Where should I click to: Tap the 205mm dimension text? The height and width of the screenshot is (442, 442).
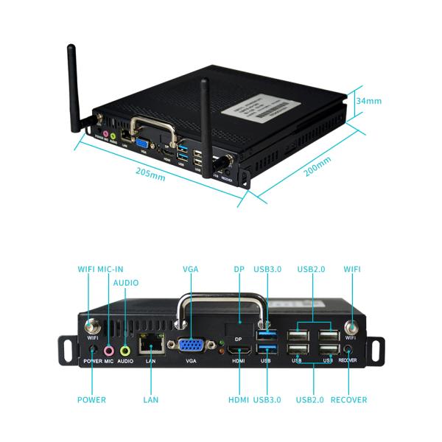(x=150, y=173)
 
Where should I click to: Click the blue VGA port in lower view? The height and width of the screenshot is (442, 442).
(x=192, y=345)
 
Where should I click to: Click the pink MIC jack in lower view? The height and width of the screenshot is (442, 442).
(x=109, y=351)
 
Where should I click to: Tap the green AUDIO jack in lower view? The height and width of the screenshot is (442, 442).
(x=125, y=351)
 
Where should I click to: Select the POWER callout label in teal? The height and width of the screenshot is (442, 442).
(x=92, y=400)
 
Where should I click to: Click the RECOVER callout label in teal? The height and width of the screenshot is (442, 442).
(x=348, y=400)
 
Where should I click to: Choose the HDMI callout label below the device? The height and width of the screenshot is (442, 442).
(x=239, y=400)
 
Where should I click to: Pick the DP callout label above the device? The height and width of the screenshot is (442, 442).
(x=239, y=270)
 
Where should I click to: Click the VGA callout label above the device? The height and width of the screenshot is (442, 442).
(x=191, y=270)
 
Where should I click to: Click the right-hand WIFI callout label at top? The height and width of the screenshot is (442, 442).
(x=352, y=270)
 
